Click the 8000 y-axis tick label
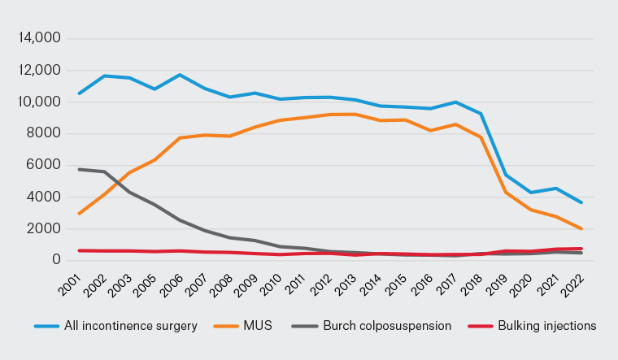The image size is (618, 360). coord(45,133)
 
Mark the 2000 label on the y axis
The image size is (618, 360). coord(45,228)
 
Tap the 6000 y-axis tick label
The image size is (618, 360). coord(45,165)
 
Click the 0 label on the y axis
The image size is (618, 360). coord(57,260)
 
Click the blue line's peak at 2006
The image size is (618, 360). coord(179,75)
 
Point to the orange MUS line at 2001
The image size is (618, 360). coord(79,214)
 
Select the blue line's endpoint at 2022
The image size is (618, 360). coord(580,202)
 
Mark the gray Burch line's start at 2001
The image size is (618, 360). coord(79,169)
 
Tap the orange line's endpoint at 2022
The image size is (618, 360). coord(580,229)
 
